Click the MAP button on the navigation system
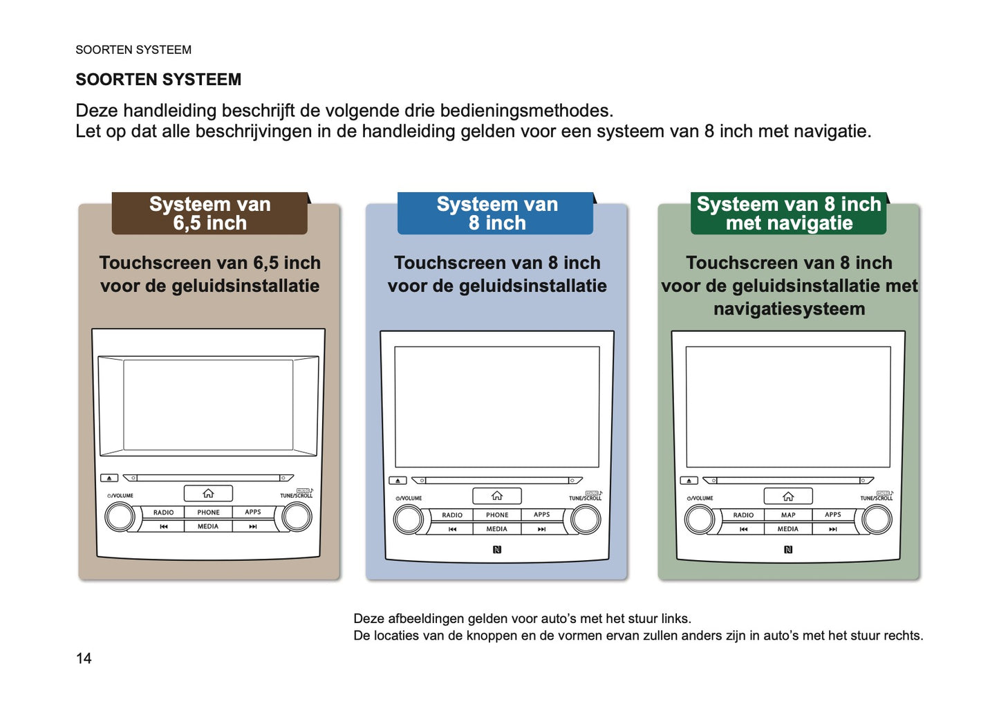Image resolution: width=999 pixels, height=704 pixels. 788,515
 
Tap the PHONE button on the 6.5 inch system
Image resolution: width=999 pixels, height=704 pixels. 208,512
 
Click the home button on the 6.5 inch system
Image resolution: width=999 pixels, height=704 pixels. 208,493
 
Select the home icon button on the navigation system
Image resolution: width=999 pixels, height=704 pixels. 788,496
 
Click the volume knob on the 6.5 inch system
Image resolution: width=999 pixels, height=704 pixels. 120,517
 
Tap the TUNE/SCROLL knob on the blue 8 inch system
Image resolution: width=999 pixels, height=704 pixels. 586,520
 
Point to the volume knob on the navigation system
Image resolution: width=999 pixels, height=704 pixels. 699,520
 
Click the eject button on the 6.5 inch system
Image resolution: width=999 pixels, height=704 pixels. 109,478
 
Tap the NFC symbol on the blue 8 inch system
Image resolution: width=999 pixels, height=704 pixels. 497,550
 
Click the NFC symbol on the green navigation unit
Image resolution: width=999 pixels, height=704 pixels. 788,550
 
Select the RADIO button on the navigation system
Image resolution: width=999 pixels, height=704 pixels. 743,515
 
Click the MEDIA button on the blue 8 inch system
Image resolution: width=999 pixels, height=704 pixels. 497,529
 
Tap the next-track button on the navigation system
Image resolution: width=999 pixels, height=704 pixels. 833,529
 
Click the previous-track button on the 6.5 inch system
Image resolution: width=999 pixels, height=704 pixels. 164,526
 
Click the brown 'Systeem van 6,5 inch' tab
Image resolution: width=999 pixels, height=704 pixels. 209,214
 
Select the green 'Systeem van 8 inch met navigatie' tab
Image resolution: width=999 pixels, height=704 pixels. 789,214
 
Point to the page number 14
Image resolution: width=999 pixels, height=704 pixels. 84,658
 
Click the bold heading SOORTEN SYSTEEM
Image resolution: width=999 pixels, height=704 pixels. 158,80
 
